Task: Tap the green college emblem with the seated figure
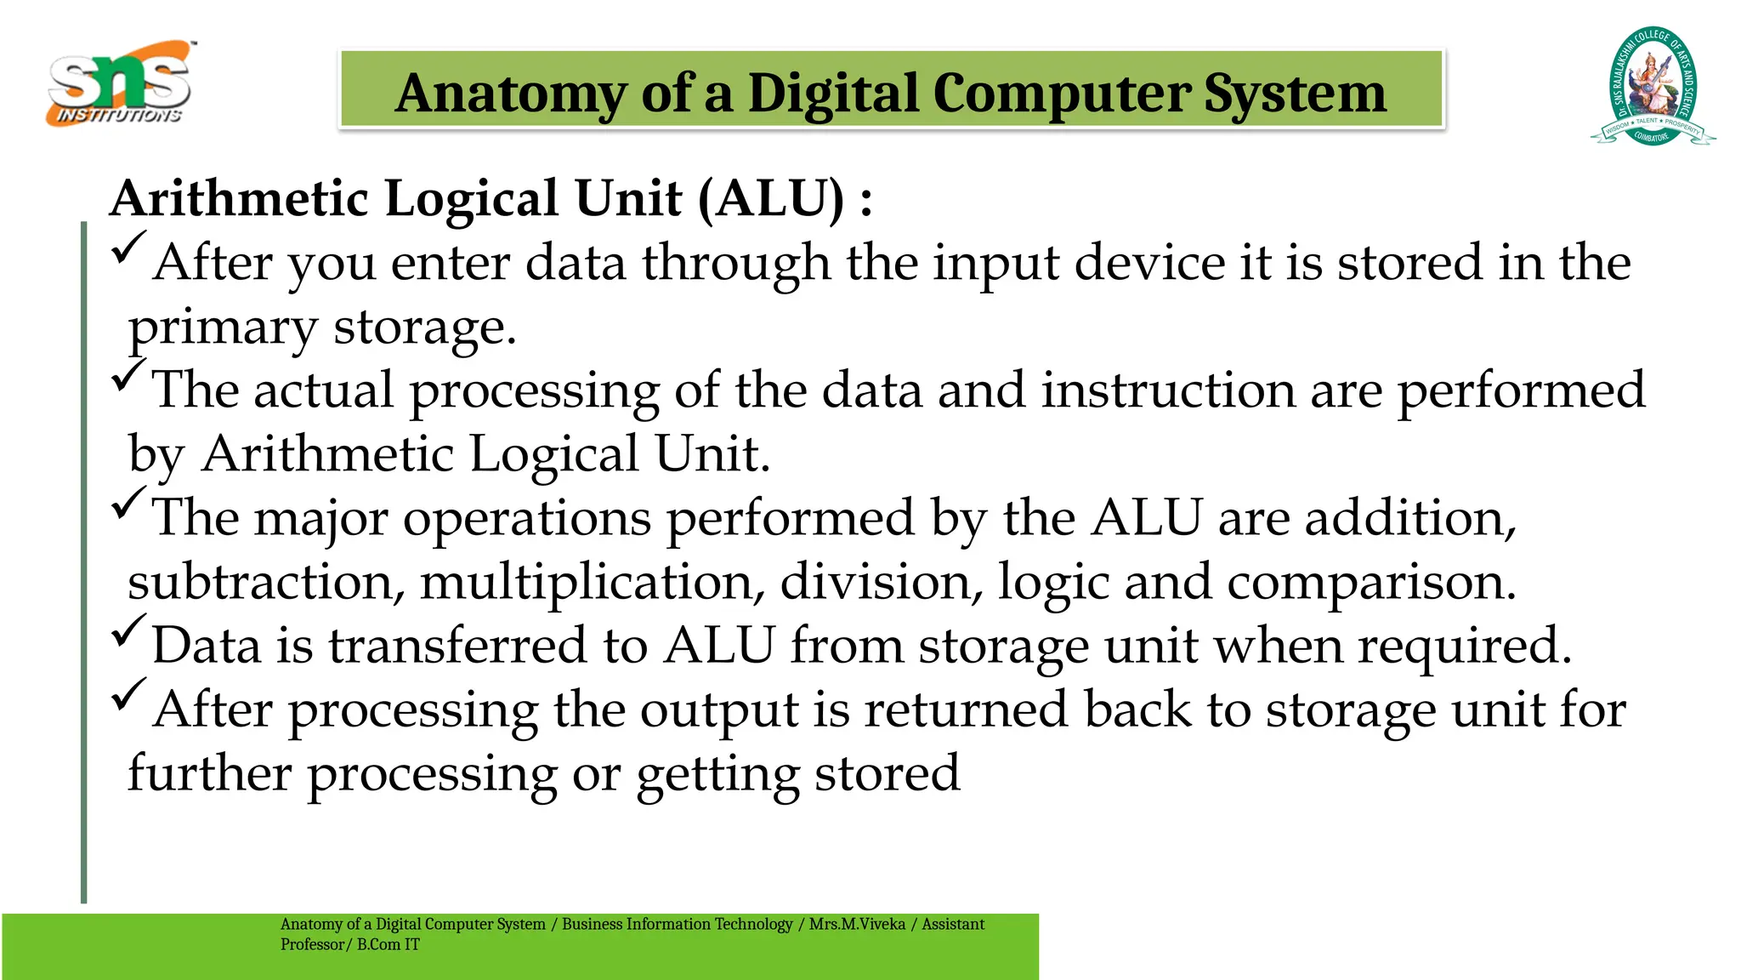(1652, 87)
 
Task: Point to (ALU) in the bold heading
(771, 198)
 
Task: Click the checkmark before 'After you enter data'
(128, 248)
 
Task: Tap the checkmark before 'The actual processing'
(128, 376)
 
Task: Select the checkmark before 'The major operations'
(128, 504)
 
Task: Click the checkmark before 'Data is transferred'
(128, 631)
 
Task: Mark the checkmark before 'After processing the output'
(128, 695)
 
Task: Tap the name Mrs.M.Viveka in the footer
(857, 924)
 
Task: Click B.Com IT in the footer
(388, 944)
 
